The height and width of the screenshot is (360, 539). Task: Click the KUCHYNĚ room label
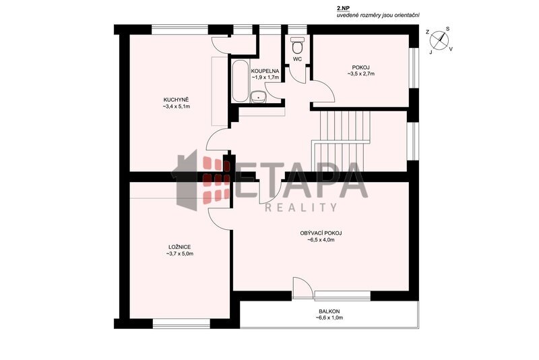pyautogui.click(x=177, y=100)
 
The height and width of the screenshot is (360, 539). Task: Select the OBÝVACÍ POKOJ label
pyautogui.click(x=321, y=233)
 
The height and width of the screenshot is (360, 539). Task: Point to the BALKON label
pyautogui.click(x=329, y=311)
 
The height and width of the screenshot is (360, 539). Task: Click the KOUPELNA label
pyautogui.click(x=265, y=71)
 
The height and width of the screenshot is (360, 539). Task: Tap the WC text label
pyautogui.click(x=297, y=59)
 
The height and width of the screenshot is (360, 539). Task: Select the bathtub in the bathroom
pyautogui.click(x=240, y=81)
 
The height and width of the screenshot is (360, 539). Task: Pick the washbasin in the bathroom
pyautogui.click(x=258, y=97)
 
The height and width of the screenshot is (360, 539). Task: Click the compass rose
pyautogui.click(x=439, y=40)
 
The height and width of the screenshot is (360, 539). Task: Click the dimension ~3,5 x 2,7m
pyautogui.click(x=360, y=73)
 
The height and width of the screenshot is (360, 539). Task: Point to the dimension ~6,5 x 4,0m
pyautogui.click(x=321, y=240)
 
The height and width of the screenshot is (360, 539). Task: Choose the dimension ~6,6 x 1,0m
pyautogui.click(x=329, y=318)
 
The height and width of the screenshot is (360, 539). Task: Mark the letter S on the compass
pyautogui.click(x=447, y=29)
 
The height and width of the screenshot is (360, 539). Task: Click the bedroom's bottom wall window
pyautogui.click(x=181, y=323)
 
